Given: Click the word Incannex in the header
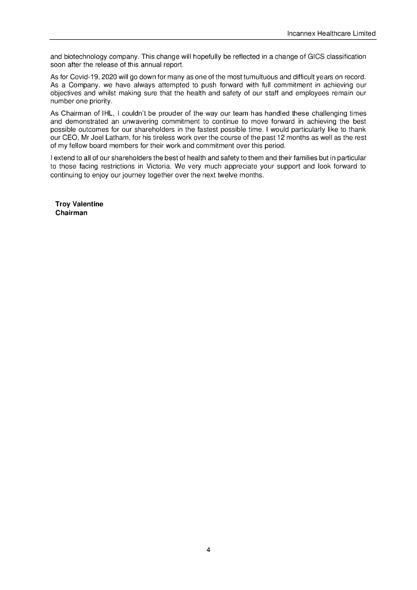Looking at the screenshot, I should [301, 34].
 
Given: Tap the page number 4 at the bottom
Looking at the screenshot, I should [208, 550].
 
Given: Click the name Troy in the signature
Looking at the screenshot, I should [63, 204].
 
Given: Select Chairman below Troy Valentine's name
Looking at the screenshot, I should [71, 213].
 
